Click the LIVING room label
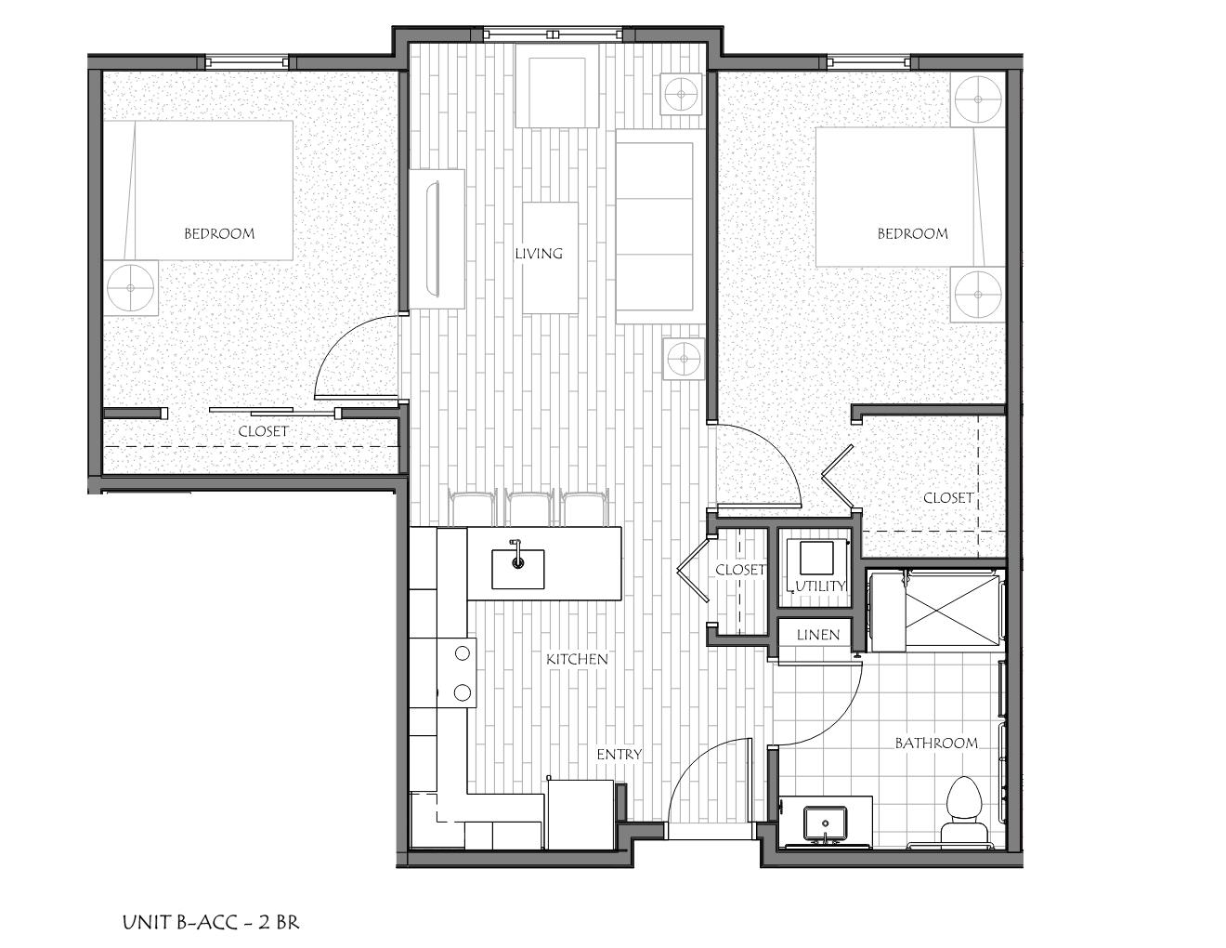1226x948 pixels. [539, 253]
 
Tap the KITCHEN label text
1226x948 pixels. [577, 659]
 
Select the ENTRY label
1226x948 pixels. [619, 754]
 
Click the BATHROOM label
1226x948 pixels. [936, 743]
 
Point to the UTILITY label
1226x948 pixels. [821, 586]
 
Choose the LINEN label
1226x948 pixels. [818, 635]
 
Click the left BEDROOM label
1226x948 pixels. [219, 233]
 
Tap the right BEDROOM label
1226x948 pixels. [913, 233]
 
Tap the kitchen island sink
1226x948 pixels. [517, 563]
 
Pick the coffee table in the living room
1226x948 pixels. [549, 257]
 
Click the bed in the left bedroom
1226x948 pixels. [198, 190]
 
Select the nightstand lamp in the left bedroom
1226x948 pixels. [130, 289]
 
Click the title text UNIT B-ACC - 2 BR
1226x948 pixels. [211, 922]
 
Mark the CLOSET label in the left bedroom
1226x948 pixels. [263, 431]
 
